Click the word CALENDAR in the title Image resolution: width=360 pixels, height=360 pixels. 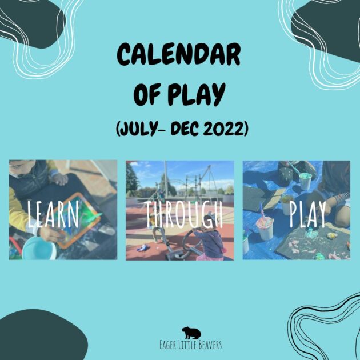tap(179, 55)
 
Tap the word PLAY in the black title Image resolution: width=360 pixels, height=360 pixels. tap(197, 94)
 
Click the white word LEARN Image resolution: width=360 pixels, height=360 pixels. tap(53, 214)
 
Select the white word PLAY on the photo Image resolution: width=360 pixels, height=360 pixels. tap(307, 214)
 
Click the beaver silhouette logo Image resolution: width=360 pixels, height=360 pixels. tap(191, 333)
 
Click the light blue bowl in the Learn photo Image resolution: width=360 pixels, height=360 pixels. tap(39, 249)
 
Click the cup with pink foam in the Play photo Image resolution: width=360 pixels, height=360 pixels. tap(265, 228)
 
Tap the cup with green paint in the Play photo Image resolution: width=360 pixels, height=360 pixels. tap(305, 181)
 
